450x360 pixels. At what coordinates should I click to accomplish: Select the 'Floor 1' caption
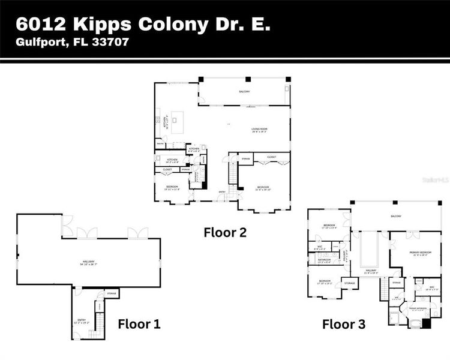click(x=139, y=325)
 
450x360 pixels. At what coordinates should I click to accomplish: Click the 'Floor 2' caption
click(x=225, y=232)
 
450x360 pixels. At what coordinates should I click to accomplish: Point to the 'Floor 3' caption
click(x=344, y=325)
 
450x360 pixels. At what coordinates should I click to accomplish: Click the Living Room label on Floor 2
click(x=259, y=129)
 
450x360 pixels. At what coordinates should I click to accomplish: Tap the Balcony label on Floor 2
click(x=244, y=92)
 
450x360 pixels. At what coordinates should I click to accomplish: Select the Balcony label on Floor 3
click(x=396, y=216)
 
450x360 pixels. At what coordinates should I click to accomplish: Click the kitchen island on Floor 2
click(x=175, y=122)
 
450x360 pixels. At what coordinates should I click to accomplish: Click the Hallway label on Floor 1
click(x=88, y=261)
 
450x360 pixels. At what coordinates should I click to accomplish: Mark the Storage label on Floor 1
click(x=112, y=293)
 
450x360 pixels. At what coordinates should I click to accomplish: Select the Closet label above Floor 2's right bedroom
click(x=272, y=157)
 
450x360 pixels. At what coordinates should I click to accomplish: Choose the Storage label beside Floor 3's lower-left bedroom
click(x=350, y=283)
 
